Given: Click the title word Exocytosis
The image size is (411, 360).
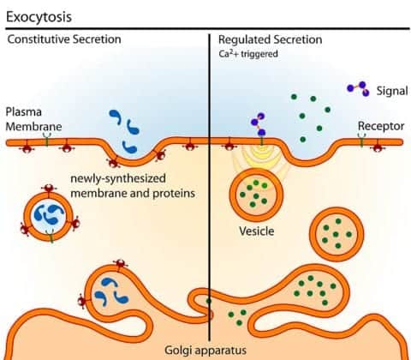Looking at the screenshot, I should tap(39, 16).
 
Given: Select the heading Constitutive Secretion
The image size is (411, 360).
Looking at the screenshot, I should tap(64, 39).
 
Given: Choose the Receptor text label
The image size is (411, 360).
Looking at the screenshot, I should tap(380, 126).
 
